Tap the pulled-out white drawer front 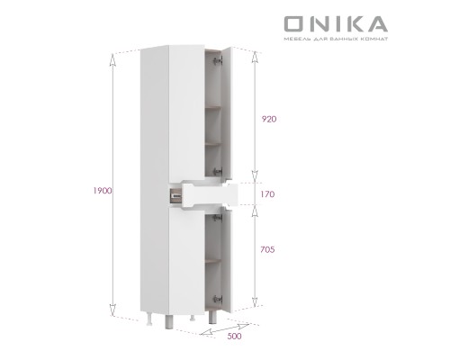pyautogui.click(x=208, y=193)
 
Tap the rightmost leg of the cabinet pyautogui.click(x=211, y=319)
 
